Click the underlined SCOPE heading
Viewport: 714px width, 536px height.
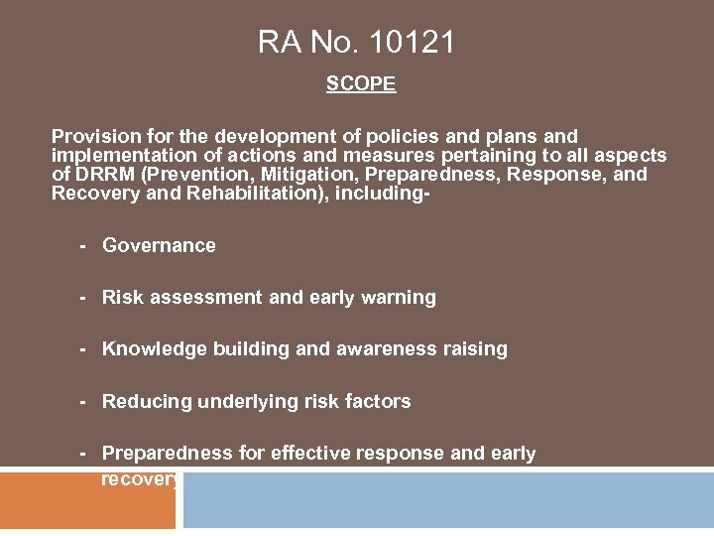coord(361,84)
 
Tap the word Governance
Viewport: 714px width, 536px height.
coord(159,245)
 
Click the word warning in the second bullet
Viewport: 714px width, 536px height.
coord(401,297)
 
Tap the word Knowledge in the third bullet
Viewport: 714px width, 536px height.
coord(154,349)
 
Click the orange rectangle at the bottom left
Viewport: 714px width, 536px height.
coord(87,501)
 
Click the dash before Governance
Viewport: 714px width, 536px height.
coord(84,245)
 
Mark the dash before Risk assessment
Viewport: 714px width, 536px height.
coord(84,297)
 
